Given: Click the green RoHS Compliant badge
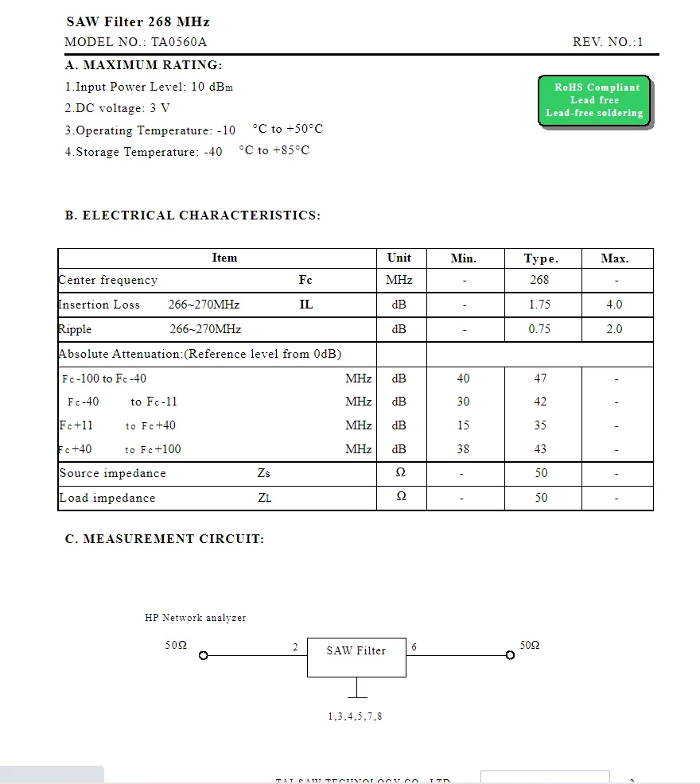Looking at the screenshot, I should pos(593,100).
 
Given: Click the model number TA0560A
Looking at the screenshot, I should pos(179,42).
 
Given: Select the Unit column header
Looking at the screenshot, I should pos(399,258).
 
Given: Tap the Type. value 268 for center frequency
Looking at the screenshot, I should pos(539,280).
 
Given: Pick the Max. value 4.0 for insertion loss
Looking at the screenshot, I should pos(614,305).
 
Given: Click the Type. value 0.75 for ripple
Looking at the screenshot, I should pos(539,329).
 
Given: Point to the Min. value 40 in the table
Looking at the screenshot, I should pos(463,378).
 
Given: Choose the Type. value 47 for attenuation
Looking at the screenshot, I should pos(540,378).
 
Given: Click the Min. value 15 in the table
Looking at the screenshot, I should pos(463,425).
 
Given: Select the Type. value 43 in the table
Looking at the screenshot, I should pos(540,449).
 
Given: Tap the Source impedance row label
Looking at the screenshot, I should pos(112,473).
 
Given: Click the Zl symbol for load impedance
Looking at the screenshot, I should pos(264,499).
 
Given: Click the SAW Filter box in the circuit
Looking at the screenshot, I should pos(356,656).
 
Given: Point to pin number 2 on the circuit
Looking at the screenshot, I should pos(295,647).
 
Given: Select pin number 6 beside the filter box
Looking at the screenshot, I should pos(414,647).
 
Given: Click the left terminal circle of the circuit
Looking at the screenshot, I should pos(203,656).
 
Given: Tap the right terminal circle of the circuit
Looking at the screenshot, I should pos(510,656).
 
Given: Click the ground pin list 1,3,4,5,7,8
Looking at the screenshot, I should pos(355,716).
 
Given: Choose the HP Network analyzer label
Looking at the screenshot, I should pos(195,618).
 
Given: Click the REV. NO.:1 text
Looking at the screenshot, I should pos(608,42).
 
